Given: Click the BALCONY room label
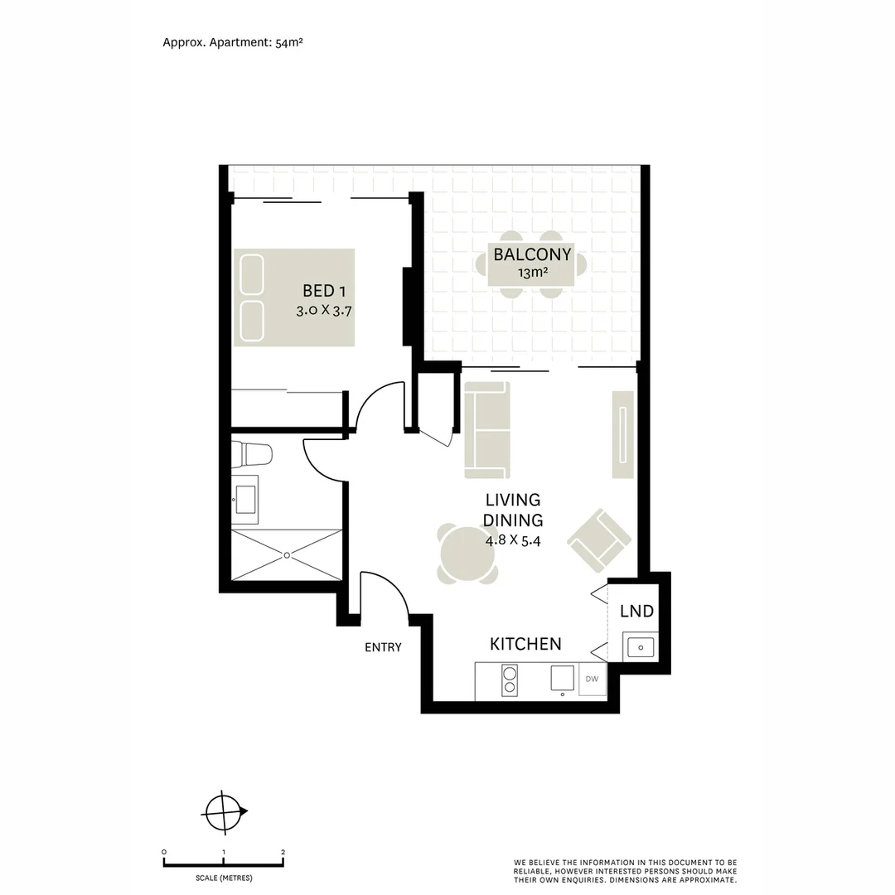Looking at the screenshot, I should click(x=532, y=254).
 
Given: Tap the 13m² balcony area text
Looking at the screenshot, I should click(x=532, y=273).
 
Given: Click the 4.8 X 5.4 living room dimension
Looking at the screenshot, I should click(x=513, y=540).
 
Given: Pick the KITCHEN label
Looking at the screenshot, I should click(x=525, y=644).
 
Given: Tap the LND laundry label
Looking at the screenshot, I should click(x=636, y=612).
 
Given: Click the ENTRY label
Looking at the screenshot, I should click(x=383, y=647).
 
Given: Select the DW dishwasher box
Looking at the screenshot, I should click(x=592, y=680).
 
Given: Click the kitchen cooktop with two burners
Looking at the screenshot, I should click(x=510, y=680).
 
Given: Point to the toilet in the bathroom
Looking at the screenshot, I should click(x=253, y=454).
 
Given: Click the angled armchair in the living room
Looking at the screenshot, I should click(x=598, y=540).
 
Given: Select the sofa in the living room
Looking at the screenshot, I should click(x=486, y=430).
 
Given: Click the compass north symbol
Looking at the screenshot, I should click(x=225, y=811).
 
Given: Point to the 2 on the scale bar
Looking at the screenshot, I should click(x=283, y=852).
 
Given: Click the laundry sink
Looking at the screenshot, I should click(x=640, y=647).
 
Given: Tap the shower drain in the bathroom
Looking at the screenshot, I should click(x=287, y=554).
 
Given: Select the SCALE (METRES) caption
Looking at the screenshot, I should click(x=224, y=878).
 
